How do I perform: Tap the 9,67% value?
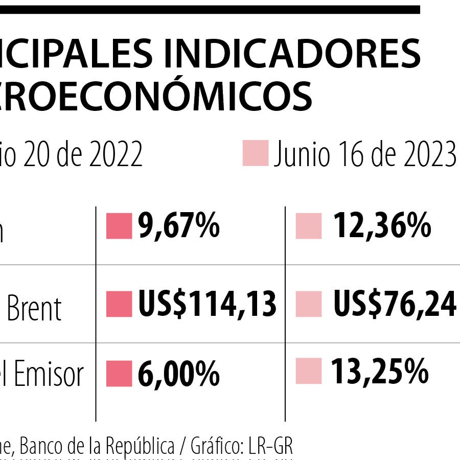[179, 227]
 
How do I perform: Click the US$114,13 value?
[207, 304]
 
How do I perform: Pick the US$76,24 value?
[395, 305]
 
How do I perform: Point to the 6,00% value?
[179, 374]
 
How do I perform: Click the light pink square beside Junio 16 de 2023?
[255, 153]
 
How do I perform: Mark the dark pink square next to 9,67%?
[119, 226]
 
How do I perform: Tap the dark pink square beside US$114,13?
[119, 304]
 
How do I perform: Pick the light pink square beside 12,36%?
[309, 226]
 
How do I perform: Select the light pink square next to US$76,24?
[309, 304]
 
